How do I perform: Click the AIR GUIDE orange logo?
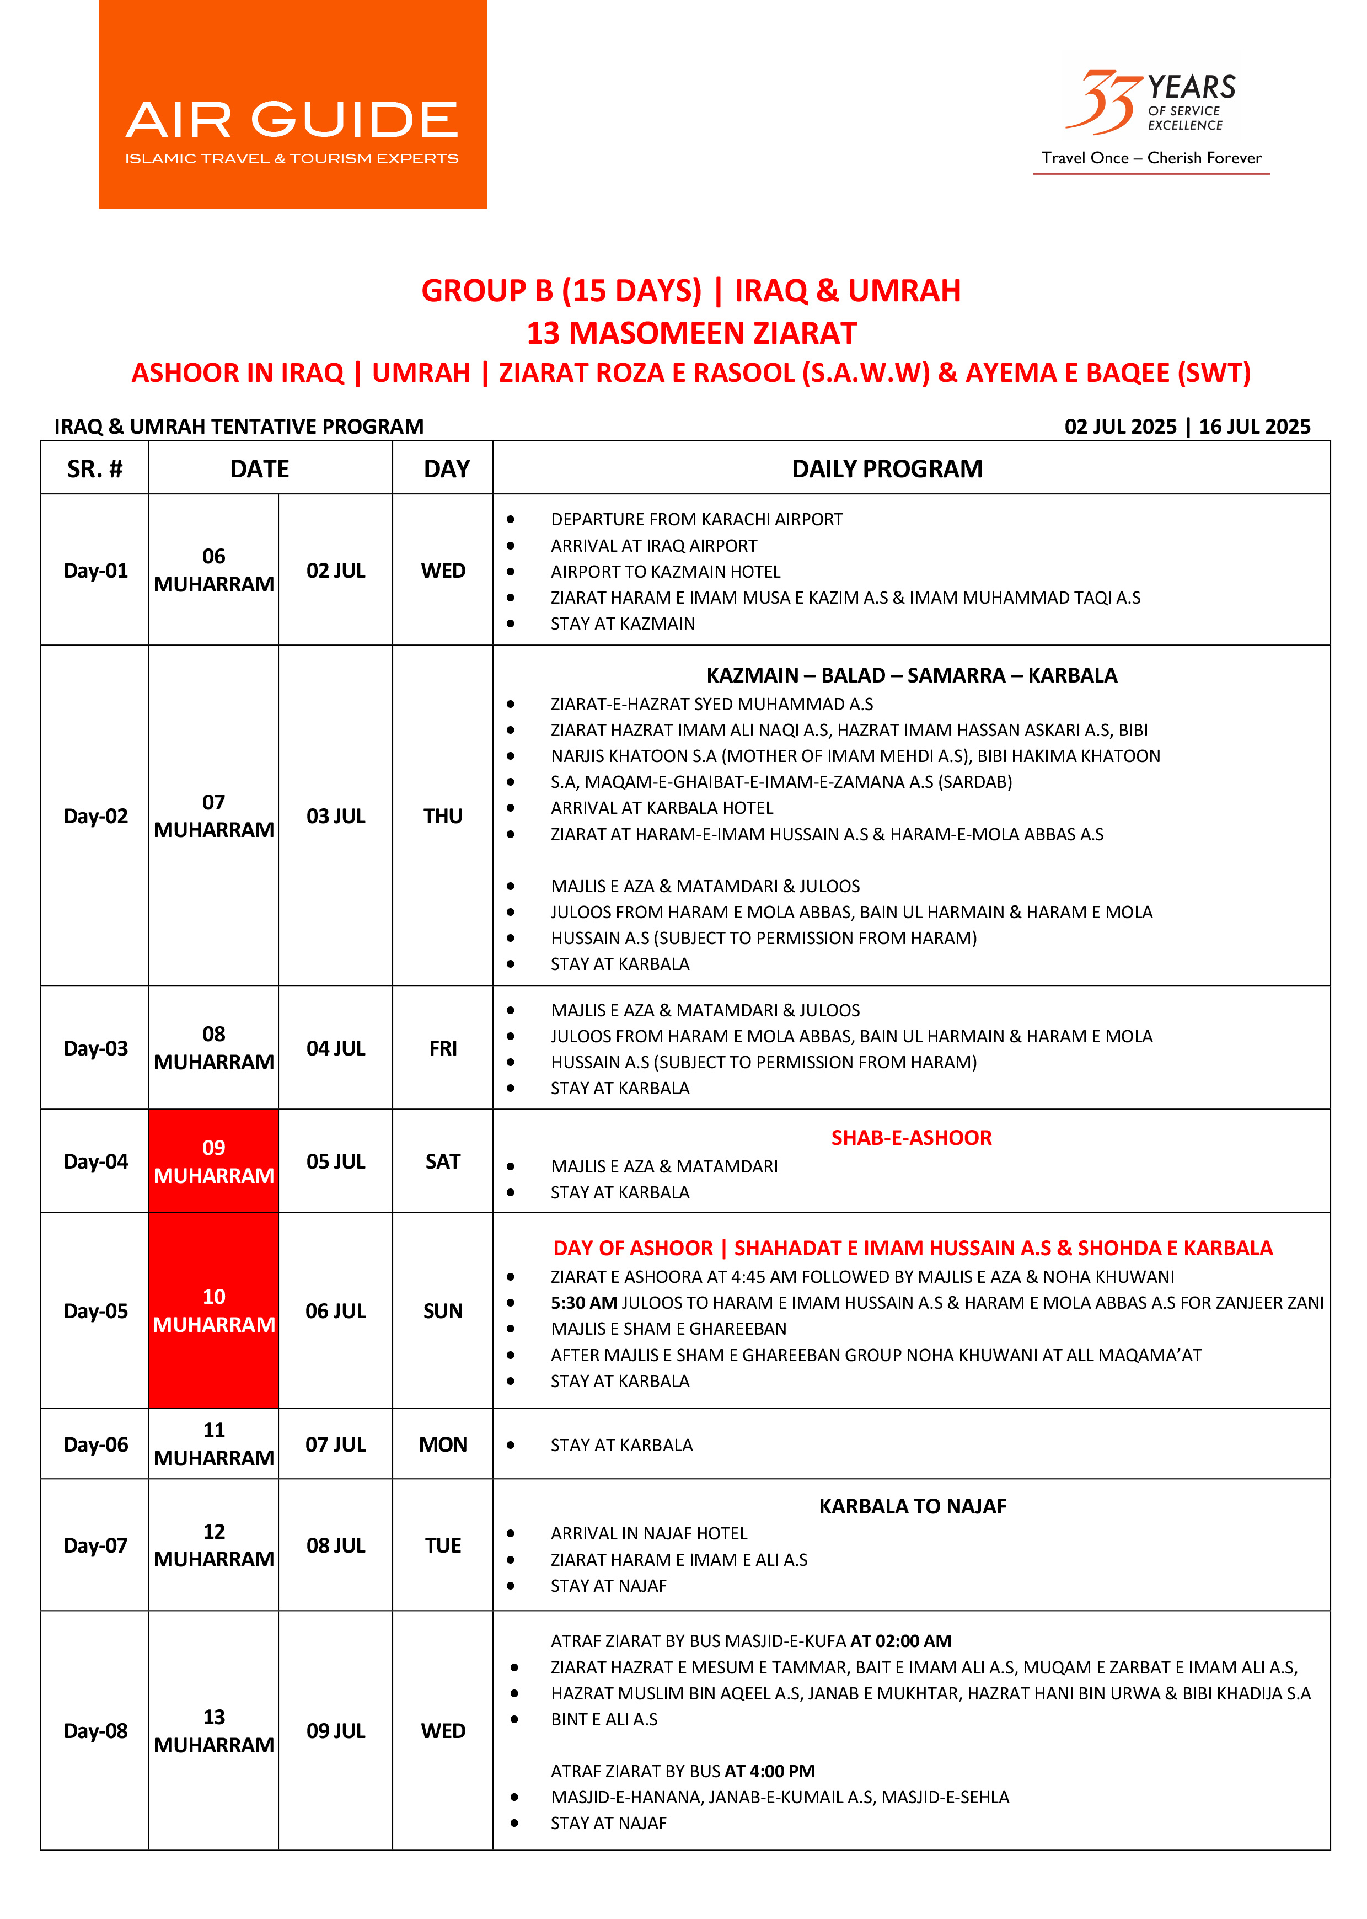[292, 104]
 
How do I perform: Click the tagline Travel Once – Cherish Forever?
[1151, 158]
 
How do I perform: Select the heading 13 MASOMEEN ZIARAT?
[690, 333]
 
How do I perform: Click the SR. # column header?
[94, 469]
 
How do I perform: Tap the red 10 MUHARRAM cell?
[214, 1310]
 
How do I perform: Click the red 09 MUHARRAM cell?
[214, 1161]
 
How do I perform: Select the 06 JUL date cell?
[335, 1311]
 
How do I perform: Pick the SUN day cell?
[443, 1311]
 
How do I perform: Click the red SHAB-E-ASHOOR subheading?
[911, 1138]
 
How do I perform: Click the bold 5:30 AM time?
[583, 1303]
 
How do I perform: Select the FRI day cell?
[443, 1048]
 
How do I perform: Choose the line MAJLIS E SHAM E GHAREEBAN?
[668, 1329]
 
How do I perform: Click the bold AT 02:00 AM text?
[900, 1641]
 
